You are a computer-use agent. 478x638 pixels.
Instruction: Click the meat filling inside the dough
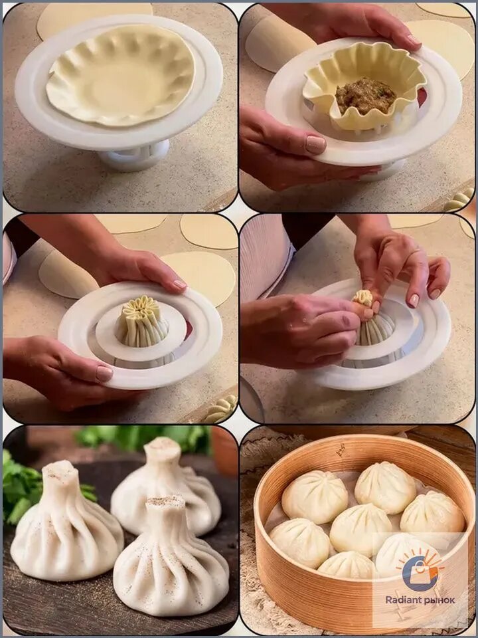coord(365,96)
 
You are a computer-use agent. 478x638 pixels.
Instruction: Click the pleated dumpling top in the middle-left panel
coord(142,320)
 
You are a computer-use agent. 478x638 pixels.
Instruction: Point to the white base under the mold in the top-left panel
coord(133,156)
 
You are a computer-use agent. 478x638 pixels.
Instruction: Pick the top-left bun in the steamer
coord(315,496)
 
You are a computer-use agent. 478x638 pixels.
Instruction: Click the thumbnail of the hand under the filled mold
coord(316,144)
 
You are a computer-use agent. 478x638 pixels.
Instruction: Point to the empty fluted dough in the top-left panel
coord(120,75)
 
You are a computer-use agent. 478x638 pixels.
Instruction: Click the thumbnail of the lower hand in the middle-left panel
coord(104,373)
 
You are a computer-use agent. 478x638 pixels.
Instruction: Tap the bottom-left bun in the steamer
coord(300,543)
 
